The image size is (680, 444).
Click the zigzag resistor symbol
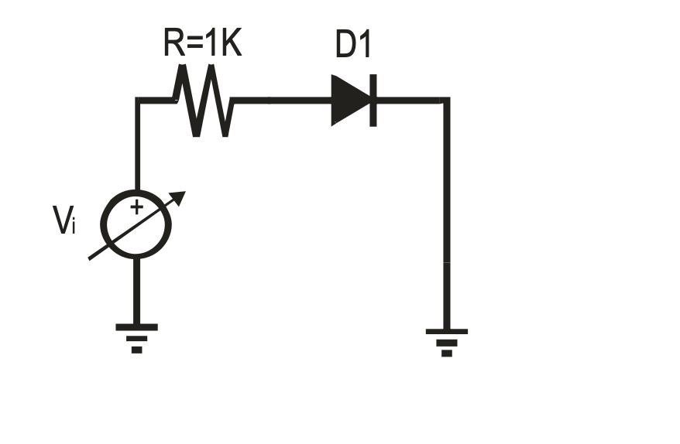pyautogui.click(x=203, y=101)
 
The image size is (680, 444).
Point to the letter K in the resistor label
pyautogui.click(x=230, y=45)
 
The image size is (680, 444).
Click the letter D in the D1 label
pyautogui.click(x=345, y=46)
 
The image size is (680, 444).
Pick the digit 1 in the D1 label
pyautogui.click(x=365, y=46)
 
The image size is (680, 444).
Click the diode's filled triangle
pyautogui.click(x=348, y=100)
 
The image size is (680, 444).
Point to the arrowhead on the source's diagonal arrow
pyautogui.click(x=180, y=196)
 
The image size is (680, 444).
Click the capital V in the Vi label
pyautogui.click(x=63, y=221)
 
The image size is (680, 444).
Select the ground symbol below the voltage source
pyautogui.click(x=136, y=337)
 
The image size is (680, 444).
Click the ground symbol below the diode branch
pyautogui.click(x=446, y=341)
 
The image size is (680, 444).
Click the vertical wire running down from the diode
pyautogui.click(x=446, y=217)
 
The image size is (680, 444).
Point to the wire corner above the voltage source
pyautogui.click(x=138, y=101)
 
